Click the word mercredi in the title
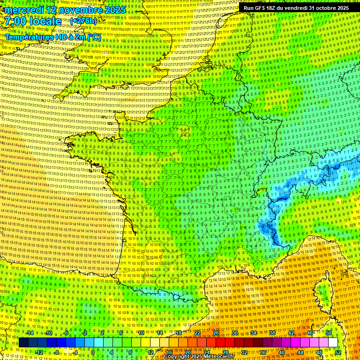click(x=25, y=10)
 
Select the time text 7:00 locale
click(x=33, y=21)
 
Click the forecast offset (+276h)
click(x=83, y=21)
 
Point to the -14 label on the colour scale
click(x=29, y=333)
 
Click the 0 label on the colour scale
click(x=93, y=352)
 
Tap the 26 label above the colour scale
click(x=216, y=333)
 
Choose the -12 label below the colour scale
click(x=39, y=352)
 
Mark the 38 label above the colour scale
click(x=272, y=333)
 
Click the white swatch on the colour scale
click(x=333, y=343)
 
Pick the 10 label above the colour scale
click(x=141, y=333)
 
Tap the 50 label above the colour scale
click(x=329, y=333)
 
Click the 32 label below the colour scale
click(x=244, y=352)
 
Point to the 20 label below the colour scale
click(x=188, y=352)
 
